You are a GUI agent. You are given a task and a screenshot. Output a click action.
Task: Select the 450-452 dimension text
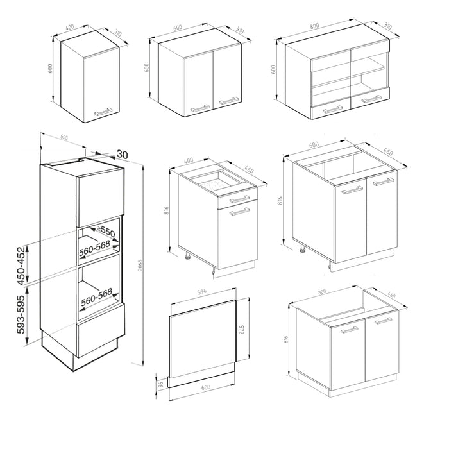pyautogui.click(x=23, y=266)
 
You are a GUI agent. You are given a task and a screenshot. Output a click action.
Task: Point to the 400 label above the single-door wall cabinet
pyautogui.click(x=69, y=28)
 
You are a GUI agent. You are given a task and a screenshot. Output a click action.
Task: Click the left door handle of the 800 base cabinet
pyautogui.click(x=350, y=330)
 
